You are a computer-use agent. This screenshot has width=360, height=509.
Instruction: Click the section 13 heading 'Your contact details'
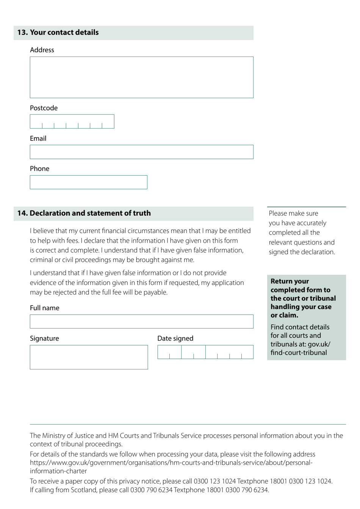(x=64, y=33)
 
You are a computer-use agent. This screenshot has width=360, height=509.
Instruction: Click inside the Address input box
(x=141, y=77)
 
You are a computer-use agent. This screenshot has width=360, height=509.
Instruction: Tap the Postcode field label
(x=44, y=108)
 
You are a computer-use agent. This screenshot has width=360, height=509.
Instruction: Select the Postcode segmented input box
(x=72, y=121)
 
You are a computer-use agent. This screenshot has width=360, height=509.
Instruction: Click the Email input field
(x=141, y=152)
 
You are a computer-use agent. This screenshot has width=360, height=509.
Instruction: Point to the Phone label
(x=39, y=169)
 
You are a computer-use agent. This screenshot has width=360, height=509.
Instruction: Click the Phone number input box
(x=88, y=182)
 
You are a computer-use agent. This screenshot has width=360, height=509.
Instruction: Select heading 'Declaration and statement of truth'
(x=90, y=213)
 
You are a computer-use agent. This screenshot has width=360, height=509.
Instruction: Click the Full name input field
(x=141, y=322)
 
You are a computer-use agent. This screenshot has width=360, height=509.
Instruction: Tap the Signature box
(x=89, y=357)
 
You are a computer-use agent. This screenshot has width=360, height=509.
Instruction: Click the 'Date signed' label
(x=175, y=338)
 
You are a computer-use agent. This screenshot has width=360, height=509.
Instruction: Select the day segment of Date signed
(x=169, y=352)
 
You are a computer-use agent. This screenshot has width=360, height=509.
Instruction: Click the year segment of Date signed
(x=229, y=352)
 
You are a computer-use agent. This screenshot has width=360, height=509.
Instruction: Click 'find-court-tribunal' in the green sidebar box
(x=299, y=353)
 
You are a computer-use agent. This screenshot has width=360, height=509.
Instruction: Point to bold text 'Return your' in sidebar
(x=290, y=281)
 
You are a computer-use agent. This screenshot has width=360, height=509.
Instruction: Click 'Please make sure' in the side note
(x=293, y=214)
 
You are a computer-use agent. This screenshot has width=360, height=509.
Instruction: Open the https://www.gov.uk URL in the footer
(x=171, y=463)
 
